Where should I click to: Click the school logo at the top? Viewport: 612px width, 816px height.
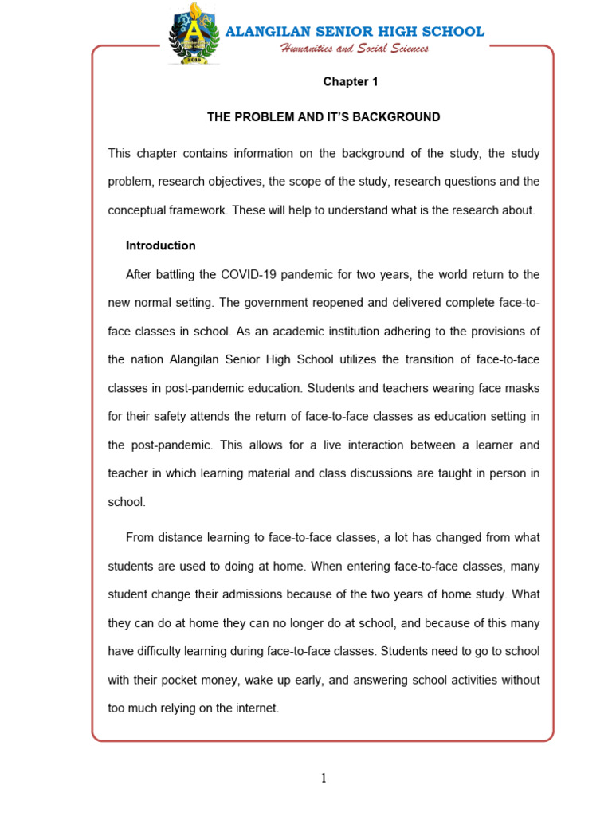click(194, 37)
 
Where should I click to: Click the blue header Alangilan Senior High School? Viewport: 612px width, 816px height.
click(355, 32)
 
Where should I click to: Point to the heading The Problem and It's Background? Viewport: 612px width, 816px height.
click(324, 117)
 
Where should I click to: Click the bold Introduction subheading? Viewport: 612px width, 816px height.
click(161, 245)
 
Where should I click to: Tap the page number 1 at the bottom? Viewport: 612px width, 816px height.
click(324, 779)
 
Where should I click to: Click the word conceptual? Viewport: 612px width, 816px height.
click(137, 210)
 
